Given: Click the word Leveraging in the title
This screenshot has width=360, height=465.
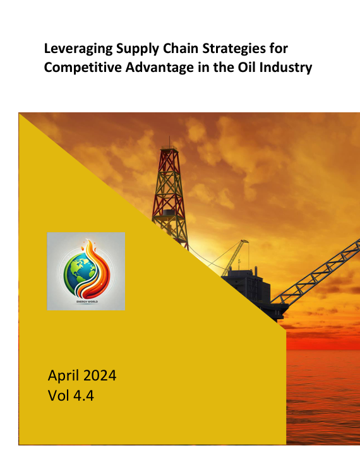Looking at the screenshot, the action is click(x=78, y=49).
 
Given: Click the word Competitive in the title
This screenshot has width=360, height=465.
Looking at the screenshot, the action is click(x=83, y=68).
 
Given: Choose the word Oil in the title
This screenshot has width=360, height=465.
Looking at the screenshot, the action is click(x=247, y=67).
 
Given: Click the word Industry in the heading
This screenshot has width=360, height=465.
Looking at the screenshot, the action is click(x=286, y=68).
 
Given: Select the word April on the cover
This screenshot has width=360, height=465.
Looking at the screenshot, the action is click(x=64, y=376).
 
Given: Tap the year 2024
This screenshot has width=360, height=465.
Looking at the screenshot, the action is click(x=99, y=375).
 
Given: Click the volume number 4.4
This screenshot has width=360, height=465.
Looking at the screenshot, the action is click(x=83, y=396).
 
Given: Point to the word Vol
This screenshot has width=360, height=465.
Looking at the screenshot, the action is click(x=59, y=396).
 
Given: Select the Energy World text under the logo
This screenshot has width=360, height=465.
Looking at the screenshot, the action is click(x=87, y=302).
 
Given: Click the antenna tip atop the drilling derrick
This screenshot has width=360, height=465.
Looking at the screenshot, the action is click(x=169, y=137).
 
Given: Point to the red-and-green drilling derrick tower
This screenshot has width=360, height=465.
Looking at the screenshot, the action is click(x=170, y=196).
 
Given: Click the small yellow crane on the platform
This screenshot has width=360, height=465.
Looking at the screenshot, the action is click(x=235, y=257).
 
